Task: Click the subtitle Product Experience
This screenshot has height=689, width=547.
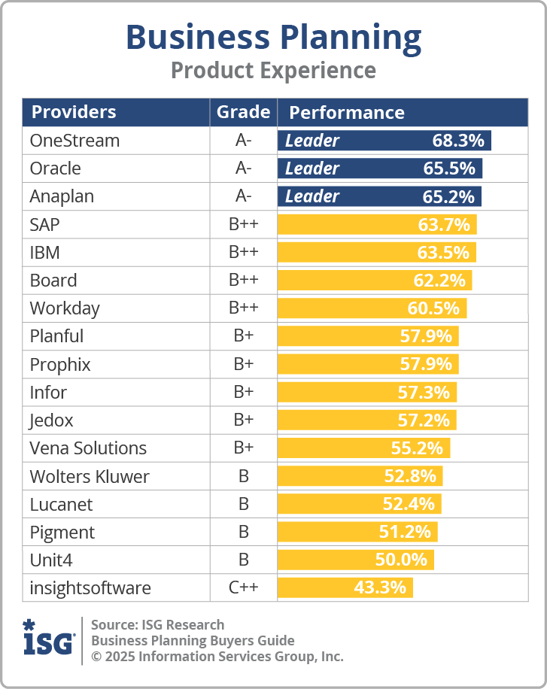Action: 273,70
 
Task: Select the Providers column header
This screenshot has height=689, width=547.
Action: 74,112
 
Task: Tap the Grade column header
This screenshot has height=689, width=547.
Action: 243,112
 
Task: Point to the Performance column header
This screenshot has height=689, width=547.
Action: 347,113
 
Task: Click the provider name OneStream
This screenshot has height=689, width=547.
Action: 74,141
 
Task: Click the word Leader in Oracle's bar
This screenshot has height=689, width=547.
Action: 311,168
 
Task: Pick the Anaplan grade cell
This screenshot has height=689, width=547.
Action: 243,196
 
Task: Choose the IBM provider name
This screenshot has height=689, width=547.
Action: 45,252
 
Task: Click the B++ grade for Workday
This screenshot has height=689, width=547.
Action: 243,308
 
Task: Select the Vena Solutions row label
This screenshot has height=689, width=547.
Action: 88,448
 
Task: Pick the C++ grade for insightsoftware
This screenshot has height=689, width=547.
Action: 243,587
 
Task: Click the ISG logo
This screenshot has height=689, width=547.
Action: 48,639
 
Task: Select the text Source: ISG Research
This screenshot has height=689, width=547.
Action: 157,625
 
